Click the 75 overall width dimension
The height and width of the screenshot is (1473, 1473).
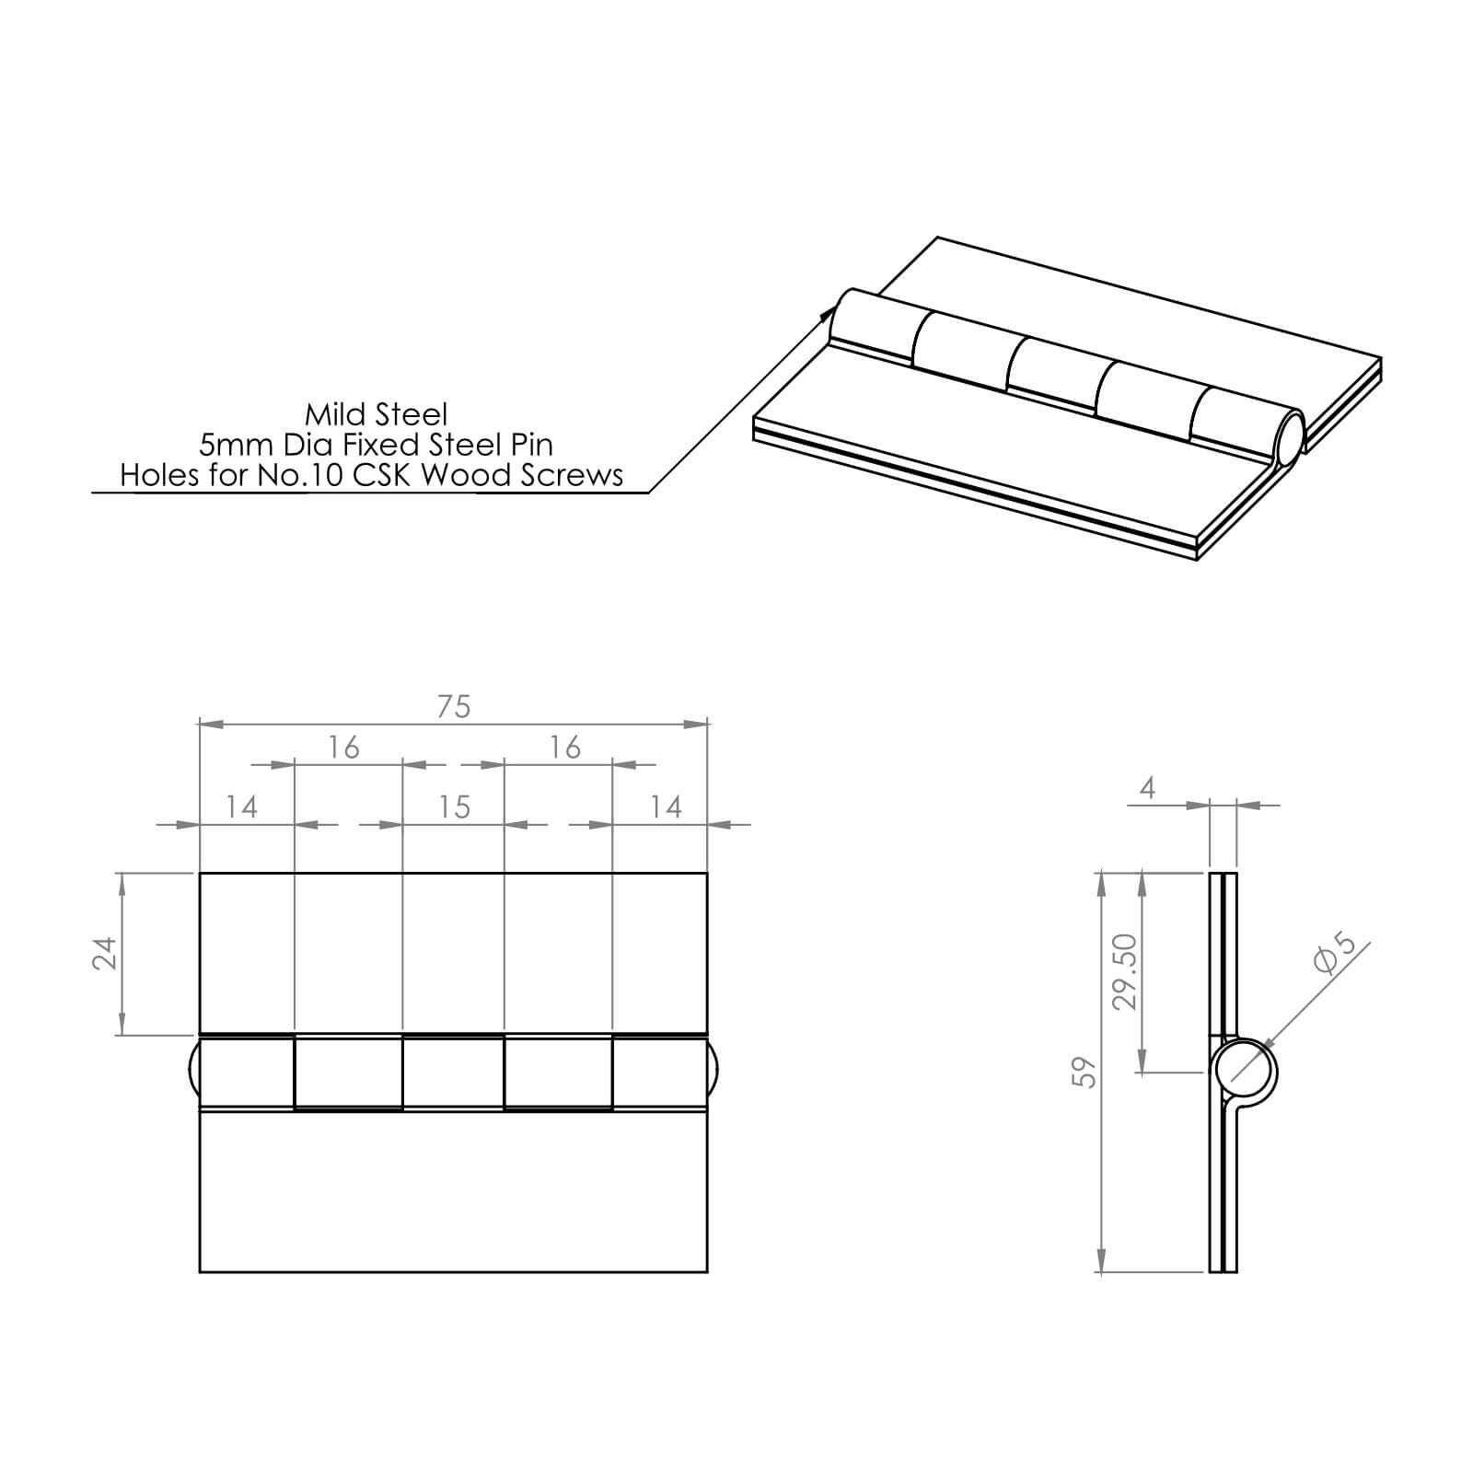[x=454, y=707]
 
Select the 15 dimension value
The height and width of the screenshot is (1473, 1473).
[x=454, y=807]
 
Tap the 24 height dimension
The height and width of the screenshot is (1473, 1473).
[x=105, y=953]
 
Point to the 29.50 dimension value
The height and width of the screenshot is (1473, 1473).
[x=1126, y=971]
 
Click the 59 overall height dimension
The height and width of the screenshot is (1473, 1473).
[x=1085, y=1073]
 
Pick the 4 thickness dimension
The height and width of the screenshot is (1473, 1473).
[x=1147, y=788]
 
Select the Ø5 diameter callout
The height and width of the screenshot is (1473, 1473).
[x=1335, y=954]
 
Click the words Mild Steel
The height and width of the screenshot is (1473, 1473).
[x=376, y=414]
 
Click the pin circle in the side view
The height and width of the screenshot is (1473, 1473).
[x=1245, y=1072]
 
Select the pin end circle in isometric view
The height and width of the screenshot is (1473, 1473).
[x=1289, y=438]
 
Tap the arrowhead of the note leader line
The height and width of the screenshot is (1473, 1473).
[x=827, y=313]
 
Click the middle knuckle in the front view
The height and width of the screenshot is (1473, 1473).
[x=453, y=1073]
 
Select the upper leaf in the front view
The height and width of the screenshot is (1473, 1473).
[x=453, y=953]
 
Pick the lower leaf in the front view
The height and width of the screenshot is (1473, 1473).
[x=453, y=1192]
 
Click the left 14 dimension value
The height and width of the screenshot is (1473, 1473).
[x=241, y=807]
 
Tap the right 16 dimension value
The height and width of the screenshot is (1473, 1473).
[x=564, y=748]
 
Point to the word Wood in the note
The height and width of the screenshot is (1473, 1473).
[x=464, y=475]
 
